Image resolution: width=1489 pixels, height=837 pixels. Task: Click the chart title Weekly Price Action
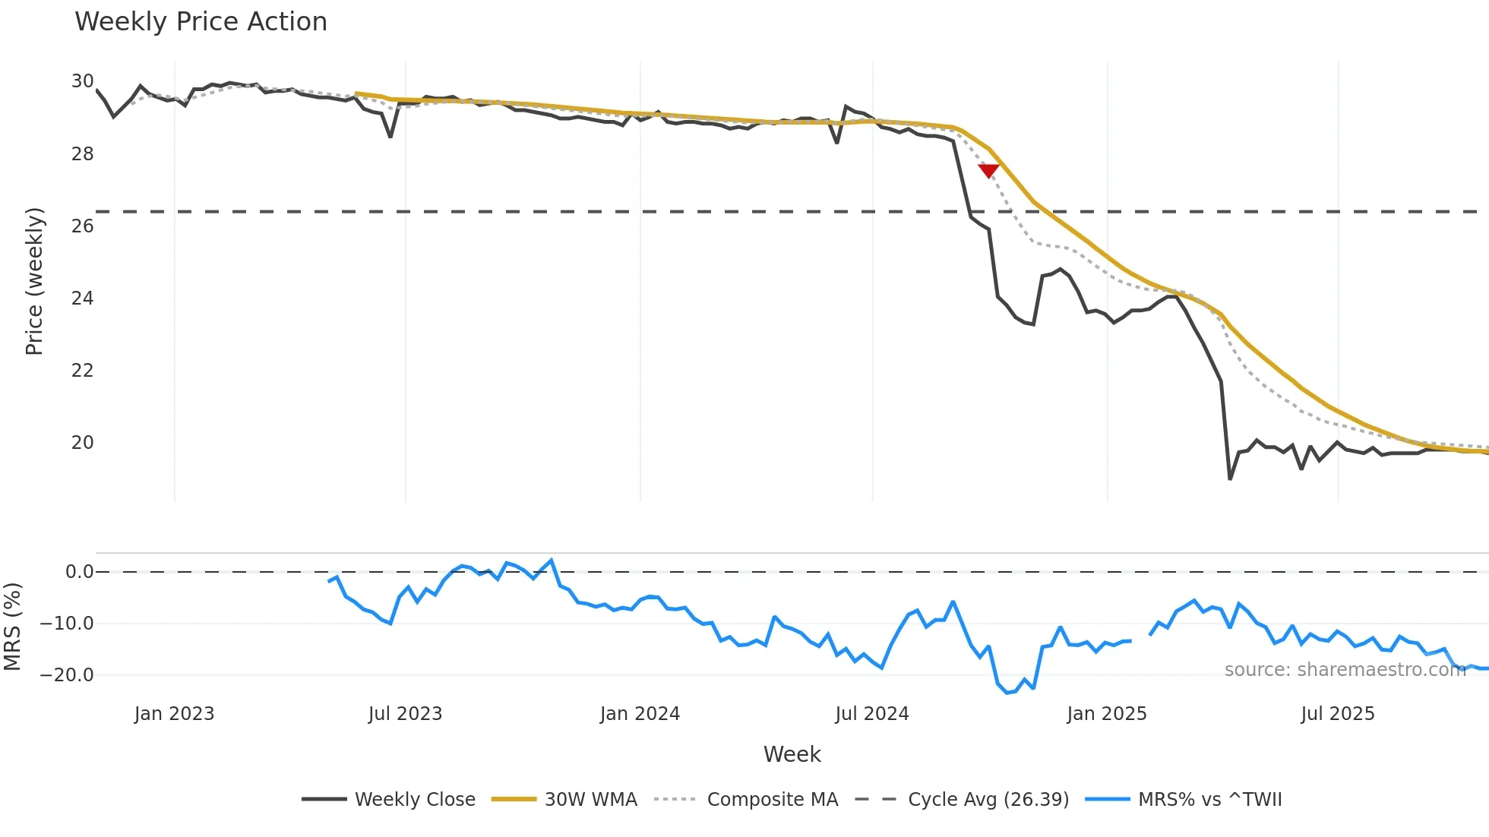click(201, 22)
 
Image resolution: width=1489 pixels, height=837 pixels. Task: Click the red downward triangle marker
click(988, 171)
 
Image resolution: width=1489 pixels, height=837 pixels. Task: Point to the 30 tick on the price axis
click(83, 81)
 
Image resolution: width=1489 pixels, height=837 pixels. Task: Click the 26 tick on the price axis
click(83, 226)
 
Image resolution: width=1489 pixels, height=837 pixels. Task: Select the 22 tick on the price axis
click(83, 370)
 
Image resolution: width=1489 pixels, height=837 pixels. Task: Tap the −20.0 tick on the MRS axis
click(67, 674)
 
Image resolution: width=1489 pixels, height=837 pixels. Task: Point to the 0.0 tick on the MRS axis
click(79, 572)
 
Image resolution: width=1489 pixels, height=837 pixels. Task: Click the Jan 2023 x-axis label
click(174, 714)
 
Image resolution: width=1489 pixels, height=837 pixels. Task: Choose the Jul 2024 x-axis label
click(871, 714)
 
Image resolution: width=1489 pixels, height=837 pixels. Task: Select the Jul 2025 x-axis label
click(1337, 714)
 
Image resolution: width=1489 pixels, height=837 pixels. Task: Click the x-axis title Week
click(792, 754)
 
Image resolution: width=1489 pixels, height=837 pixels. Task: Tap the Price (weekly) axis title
click(34, 281)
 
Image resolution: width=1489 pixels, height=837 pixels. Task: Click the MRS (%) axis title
click(12, 627)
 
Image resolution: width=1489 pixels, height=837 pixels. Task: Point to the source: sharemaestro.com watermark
click(1345, 669)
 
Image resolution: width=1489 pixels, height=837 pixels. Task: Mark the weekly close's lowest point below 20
click(1230, 479)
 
